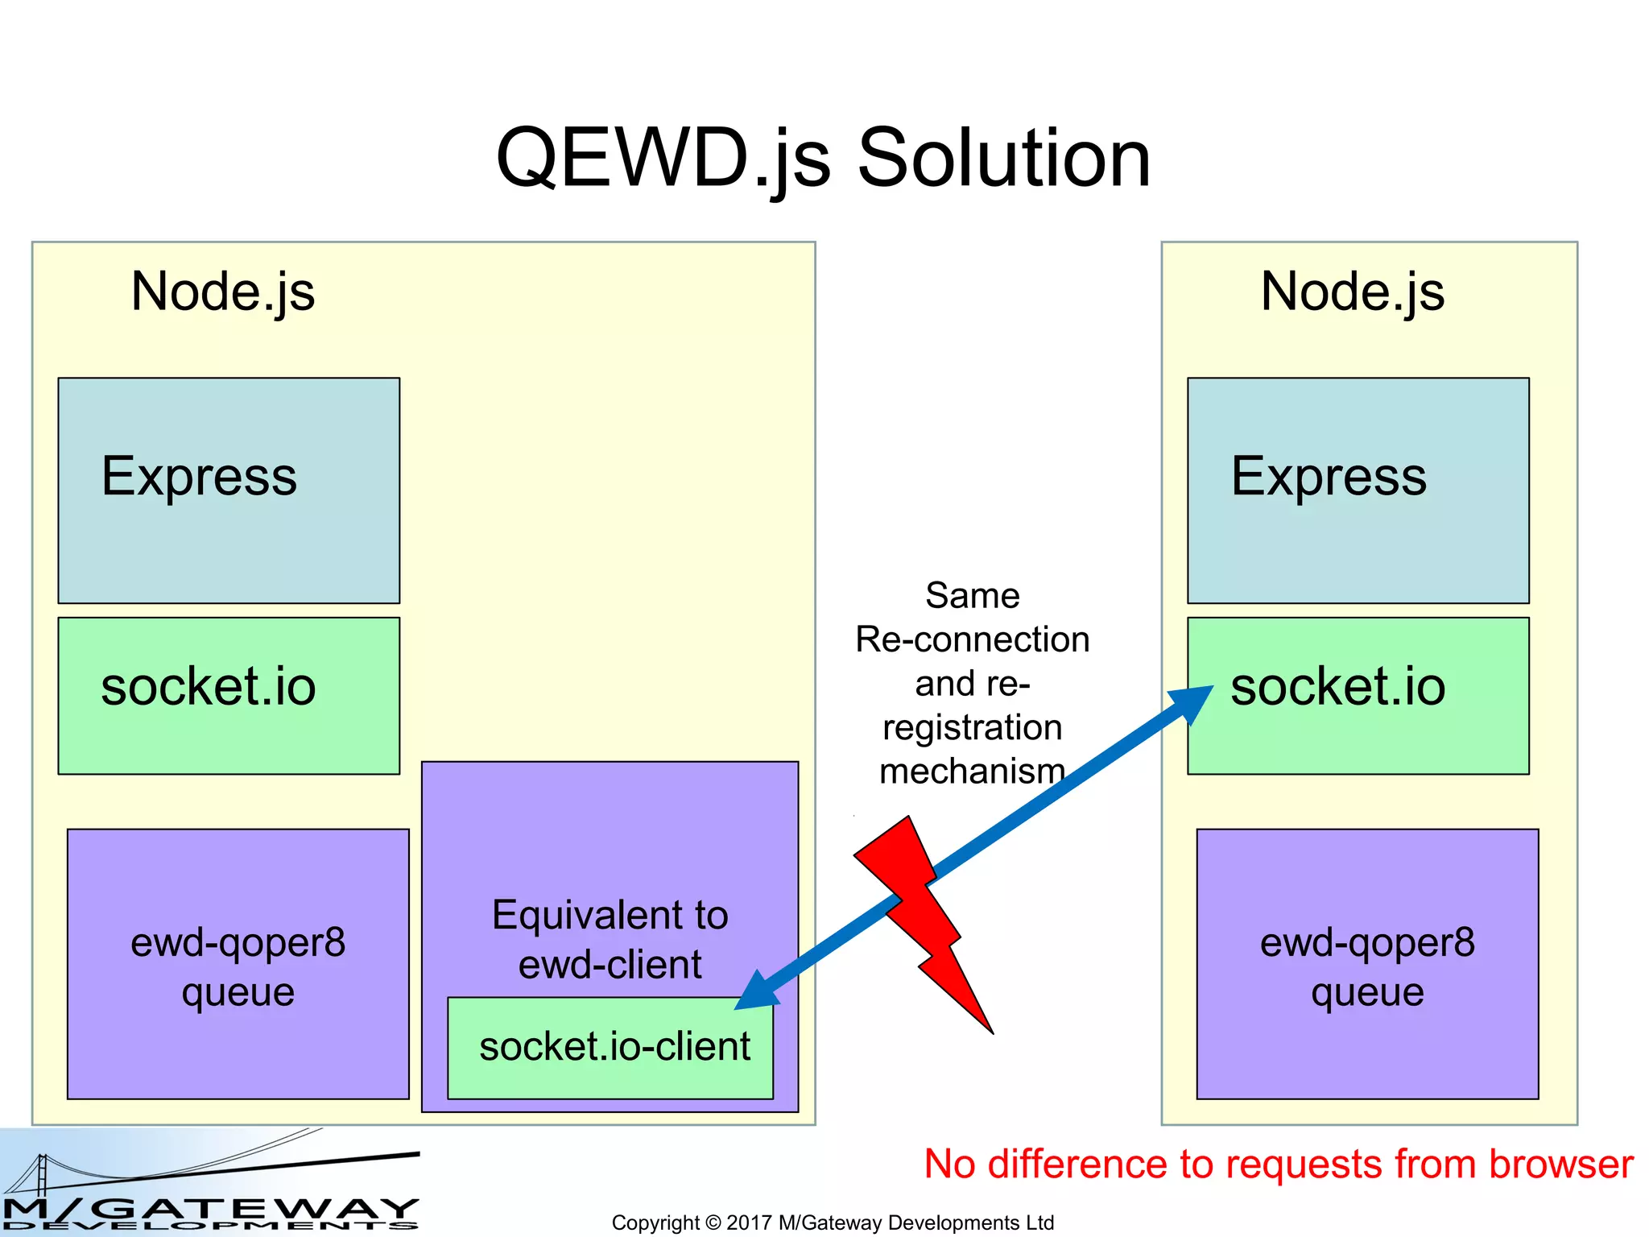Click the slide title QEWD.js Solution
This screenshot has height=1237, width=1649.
coord(823,159)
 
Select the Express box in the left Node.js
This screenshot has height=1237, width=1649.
coord(229,490)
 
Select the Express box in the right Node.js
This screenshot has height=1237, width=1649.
coord(1358,490)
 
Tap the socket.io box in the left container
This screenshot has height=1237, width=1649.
coord(229,695)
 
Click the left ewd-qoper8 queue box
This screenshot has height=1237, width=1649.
coord(238,963)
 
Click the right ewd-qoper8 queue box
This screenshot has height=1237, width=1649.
coord(1367,963)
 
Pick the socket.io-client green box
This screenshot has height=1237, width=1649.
coord(610,1048)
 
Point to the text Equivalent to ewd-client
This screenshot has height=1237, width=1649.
coord(610,938)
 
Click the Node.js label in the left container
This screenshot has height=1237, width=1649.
coord(223,292)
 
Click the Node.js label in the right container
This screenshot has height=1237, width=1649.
coord(1352,292)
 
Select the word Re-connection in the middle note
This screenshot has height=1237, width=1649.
coord(972,639)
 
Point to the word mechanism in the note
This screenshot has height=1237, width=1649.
coord(972,772)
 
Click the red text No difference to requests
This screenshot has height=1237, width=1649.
coord(1278,1165)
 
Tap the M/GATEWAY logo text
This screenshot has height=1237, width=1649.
coord(211,1210)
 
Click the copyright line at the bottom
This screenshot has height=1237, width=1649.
coord(832,1223)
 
